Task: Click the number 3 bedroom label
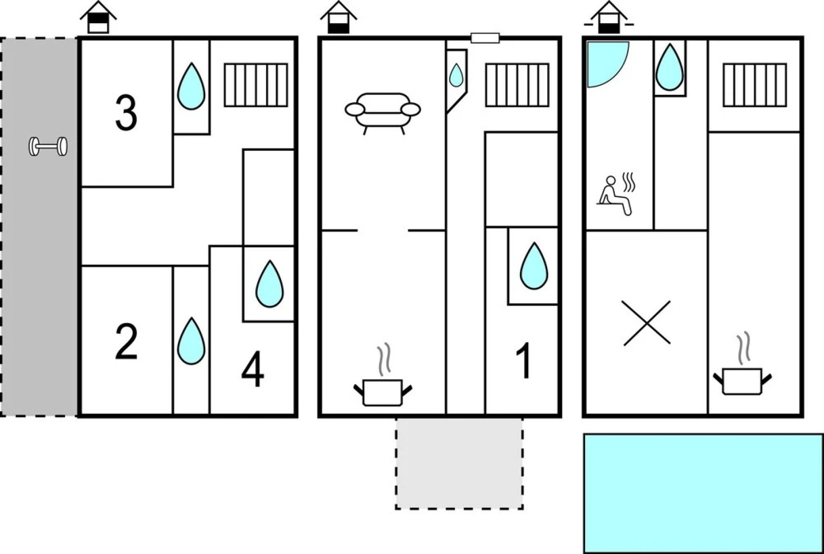[x=126, y=113]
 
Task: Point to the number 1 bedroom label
[x=524, y=362]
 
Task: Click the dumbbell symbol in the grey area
[x=48, y=147]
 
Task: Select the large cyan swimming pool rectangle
[x=703, y=493]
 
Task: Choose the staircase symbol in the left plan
[x=256, y=85]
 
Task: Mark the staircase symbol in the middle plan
[x=517, y=85]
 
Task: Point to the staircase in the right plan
[x=754, y=85]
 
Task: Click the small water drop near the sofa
[x=456, y=75]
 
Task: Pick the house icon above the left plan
[x=98, y=18]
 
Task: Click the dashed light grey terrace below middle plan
[x=459, y=463]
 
